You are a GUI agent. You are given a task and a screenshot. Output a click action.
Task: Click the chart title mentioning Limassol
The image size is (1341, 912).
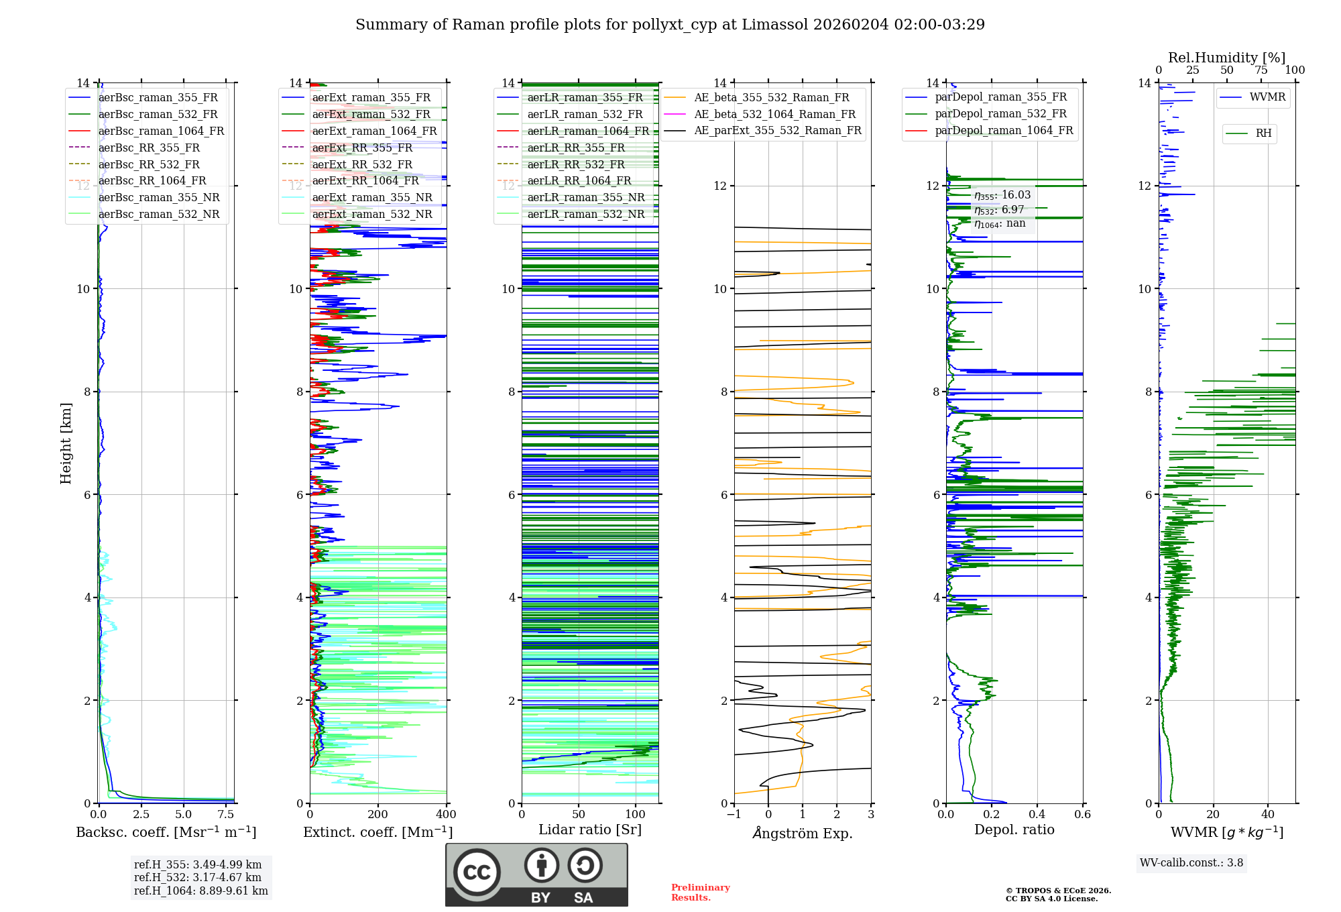tap(670, 25)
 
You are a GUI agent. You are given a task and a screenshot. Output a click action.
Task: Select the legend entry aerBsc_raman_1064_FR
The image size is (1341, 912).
tap(161, 131)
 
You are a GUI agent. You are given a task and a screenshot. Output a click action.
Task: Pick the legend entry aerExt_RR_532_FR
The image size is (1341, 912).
tap(362, 164)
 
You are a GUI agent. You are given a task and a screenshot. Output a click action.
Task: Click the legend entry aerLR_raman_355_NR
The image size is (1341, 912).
tap(585, 197)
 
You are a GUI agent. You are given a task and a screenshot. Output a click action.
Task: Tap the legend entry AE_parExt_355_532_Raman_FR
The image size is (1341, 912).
tap(777, 130)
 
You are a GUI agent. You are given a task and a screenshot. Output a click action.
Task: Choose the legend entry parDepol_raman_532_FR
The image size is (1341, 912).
tap(1000, 114)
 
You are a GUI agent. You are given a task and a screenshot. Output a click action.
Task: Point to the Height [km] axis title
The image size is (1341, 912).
tap(66, 443)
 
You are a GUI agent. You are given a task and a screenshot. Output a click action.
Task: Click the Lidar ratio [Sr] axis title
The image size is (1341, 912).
tap(590, 830)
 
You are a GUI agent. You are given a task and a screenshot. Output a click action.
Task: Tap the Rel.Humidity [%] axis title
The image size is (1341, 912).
tap(1226, 58)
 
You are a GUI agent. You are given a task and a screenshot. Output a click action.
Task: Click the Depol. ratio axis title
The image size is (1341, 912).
tap(1014, 830)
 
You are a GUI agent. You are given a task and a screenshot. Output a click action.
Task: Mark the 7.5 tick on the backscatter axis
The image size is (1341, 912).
tap(226, 815)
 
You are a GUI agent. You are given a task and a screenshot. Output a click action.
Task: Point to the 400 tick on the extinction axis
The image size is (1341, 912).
tap(446, 815)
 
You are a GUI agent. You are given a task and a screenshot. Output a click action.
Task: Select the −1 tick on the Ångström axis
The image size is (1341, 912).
tap(734, 815)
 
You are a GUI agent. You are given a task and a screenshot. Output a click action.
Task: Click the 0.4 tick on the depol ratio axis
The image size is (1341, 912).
tap(1037, 815)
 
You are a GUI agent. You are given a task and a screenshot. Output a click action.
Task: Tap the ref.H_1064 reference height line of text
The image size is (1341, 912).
tap(200, 891)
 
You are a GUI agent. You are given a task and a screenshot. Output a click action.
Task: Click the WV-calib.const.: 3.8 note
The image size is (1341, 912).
tap(1191, 863)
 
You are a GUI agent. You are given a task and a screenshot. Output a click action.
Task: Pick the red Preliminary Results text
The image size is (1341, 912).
tap(700, 893)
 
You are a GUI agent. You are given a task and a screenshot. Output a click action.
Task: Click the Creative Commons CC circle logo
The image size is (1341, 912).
tap(477, 872)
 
